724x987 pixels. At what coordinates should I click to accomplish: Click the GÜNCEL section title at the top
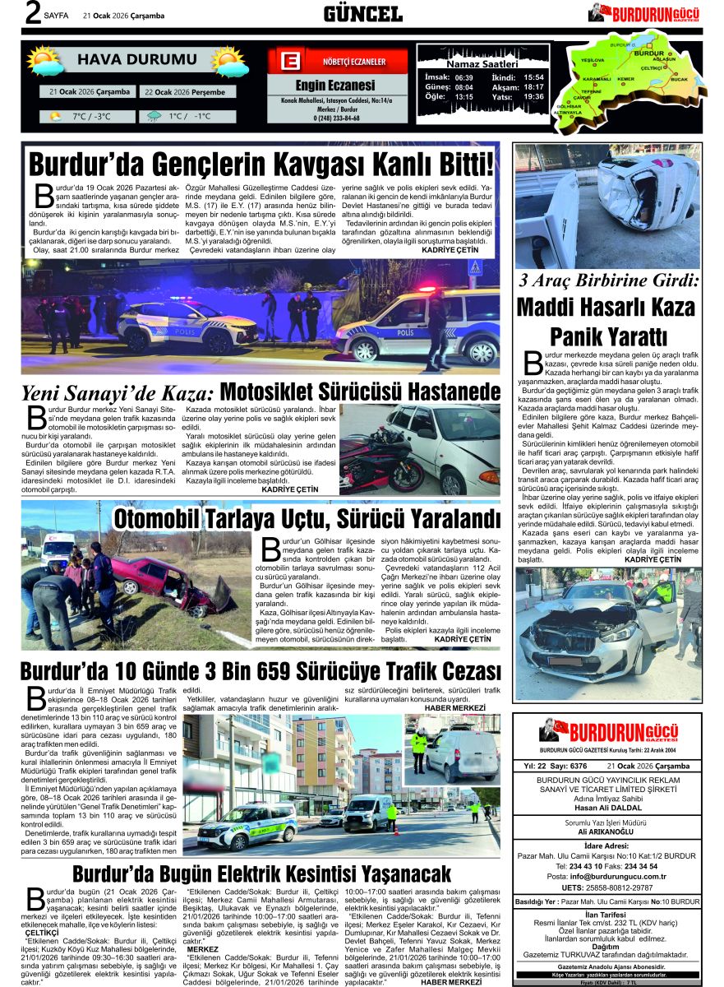[x=362, y=13]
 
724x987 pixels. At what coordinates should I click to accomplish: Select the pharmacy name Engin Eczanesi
[x=334, y=86]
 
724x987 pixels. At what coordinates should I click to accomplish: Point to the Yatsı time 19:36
[x=533, y=96]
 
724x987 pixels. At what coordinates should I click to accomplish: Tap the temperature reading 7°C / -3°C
[x=91, y=117]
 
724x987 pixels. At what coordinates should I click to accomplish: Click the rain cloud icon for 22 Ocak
[x=154, y=117]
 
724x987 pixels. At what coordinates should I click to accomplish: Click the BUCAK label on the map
[x=679, y=79]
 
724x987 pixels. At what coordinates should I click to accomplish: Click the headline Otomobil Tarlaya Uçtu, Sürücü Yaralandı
[x=306, y=518]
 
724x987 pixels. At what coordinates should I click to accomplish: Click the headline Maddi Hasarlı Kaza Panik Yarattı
[x=607, y=322]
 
